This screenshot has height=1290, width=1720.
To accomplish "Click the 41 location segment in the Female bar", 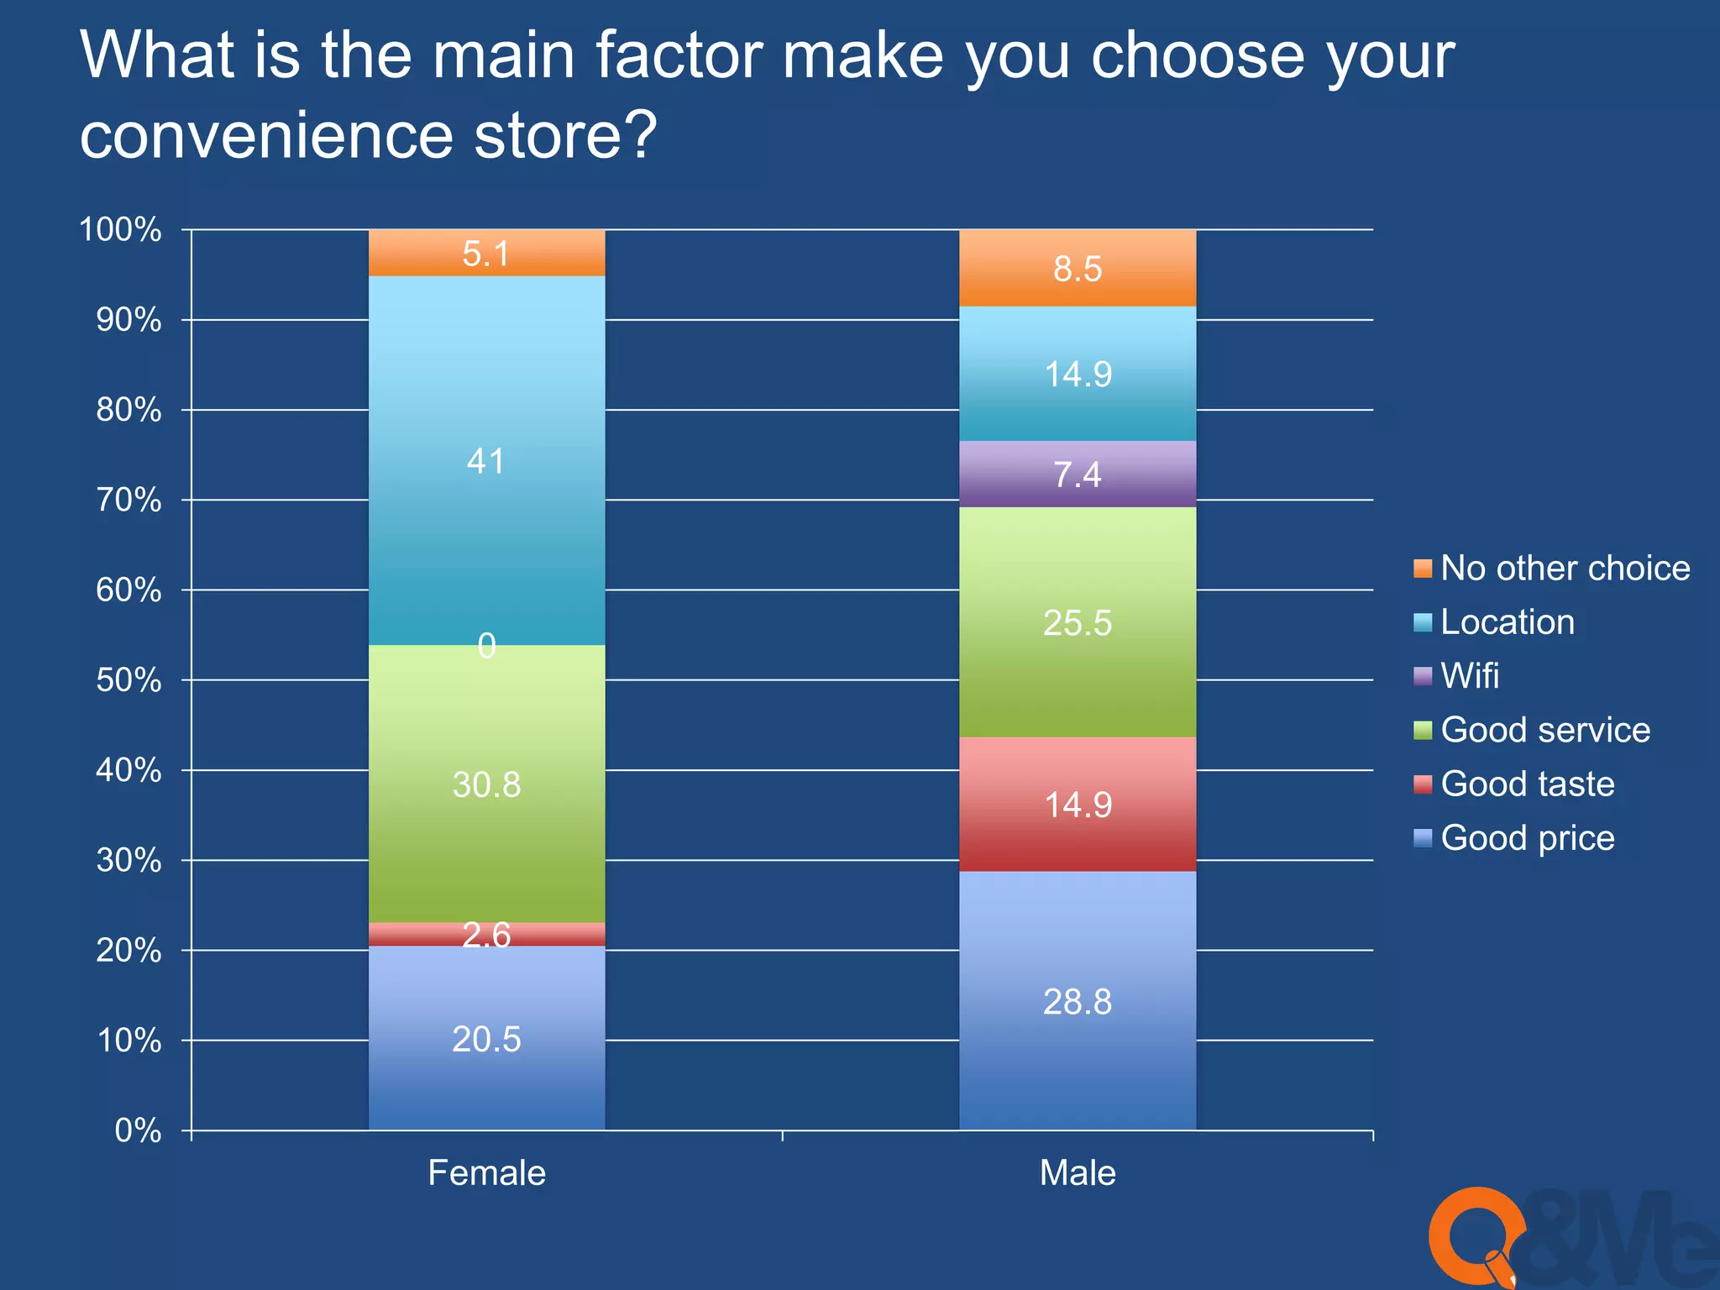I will click(x=486, y=504).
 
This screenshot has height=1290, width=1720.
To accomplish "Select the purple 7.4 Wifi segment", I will click(x=1078, y=475).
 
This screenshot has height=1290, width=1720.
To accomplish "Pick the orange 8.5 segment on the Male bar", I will click(x=1078, y=269).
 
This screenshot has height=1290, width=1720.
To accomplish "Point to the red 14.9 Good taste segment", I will click(x=1078, y=804).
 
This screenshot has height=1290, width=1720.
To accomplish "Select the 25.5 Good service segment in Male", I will click(x=1078, y=622).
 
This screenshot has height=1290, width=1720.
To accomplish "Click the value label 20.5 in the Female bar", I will click(x=486, y=1039).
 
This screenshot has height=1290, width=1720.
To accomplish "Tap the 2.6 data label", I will click(x=486, y=935).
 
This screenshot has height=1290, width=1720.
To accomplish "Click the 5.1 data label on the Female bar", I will click(x=486, y=254).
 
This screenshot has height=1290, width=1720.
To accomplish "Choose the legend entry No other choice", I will click(x=1565, y=569).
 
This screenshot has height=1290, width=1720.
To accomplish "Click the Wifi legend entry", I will click(x=1469, y=676).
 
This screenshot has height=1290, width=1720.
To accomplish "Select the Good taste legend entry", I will click(x=1527, y=784).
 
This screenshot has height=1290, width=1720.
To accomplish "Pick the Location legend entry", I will click(x=1507, y=622).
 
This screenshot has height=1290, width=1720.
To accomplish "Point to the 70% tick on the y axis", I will click(x=128, y=501).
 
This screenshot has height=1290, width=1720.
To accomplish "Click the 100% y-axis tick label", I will click(x=120, y=230).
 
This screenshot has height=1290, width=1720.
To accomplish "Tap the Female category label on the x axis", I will click(x=486, y=1172).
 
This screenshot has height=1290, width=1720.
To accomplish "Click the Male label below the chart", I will click(x=1078, y=1172).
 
